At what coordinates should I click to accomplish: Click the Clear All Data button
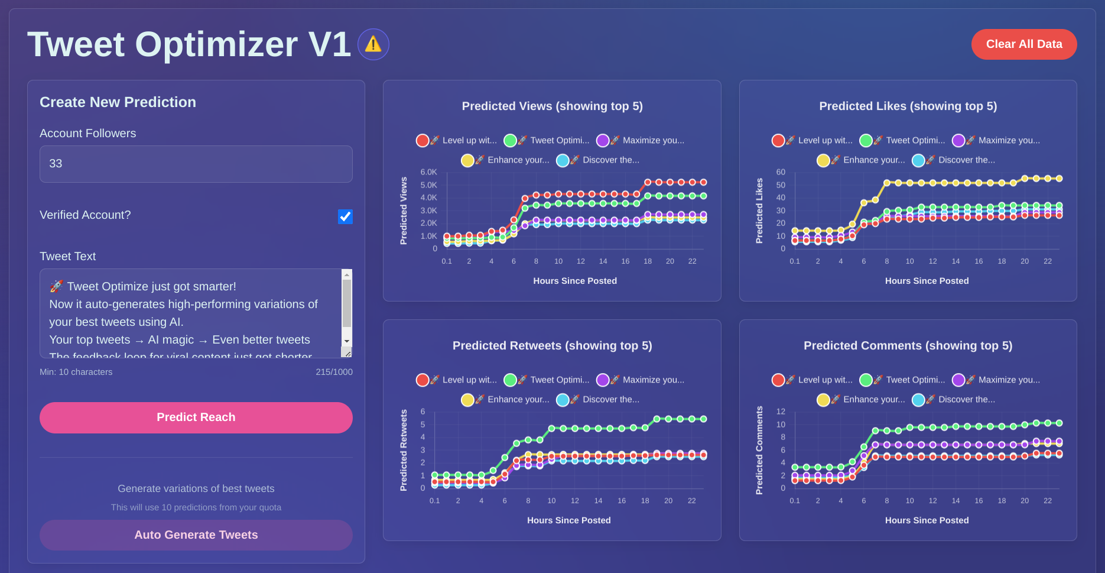coord(1023,44)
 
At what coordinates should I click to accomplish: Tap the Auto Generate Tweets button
coord(196,535)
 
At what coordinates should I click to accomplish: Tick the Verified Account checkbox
coord(345,216)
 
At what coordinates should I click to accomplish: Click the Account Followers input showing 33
coord(196,164)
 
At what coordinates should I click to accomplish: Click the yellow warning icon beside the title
coord(373,44)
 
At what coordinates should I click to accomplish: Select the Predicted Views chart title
coord(552,106)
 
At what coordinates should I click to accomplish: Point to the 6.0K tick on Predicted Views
coord(428,172)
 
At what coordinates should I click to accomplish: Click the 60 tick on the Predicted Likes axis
coord(781,172)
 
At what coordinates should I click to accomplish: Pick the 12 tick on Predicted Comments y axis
coord(781,412)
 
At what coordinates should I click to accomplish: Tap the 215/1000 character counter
coord(334,372)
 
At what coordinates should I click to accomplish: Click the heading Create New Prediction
coord(118,102)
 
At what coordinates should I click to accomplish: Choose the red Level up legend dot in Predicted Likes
coord(778,140)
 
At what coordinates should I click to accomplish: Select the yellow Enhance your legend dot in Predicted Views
coord(467,160)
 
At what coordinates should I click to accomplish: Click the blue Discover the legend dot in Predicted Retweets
coord(562,400)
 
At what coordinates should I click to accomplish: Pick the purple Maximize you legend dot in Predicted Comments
coord(958,380)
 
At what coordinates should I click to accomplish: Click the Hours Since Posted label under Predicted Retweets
coord(568,520)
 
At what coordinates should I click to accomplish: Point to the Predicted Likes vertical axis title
coord(759,211)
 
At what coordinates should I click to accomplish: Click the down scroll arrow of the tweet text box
coord(347,341)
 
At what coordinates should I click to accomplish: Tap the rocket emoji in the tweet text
coord(56,286)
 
